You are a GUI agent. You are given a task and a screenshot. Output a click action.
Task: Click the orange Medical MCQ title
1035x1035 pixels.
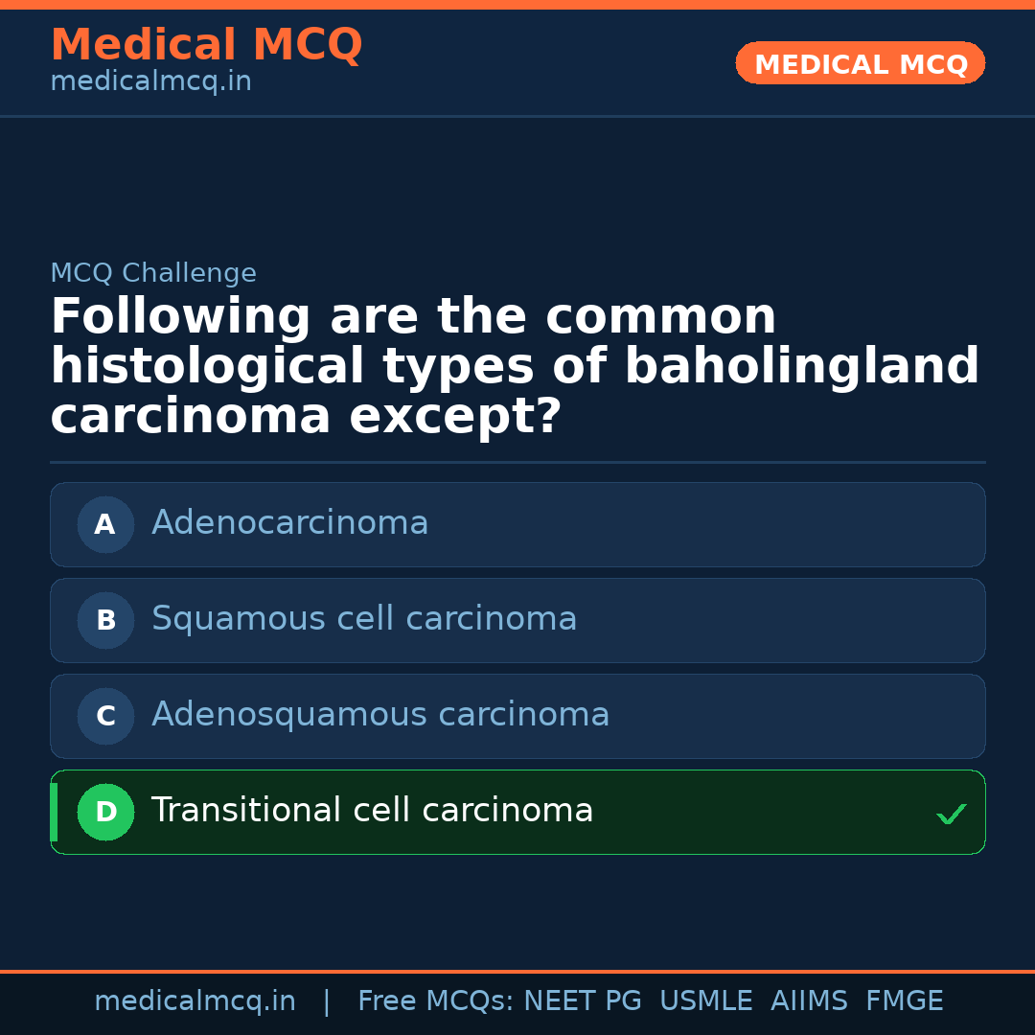coord(206,45)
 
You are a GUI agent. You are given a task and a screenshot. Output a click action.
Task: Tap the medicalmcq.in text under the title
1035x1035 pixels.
coord(150,82)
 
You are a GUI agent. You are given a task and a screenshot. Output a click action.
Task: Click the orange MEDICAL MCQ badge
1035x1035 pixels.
coord(861,63)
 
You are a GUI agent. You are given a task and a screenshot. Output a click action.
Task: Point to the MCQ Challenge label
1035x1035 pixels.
coord(153,274)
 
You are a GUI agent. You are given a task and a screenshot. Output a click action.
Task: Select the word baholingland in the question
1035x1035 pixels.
coord(801,367)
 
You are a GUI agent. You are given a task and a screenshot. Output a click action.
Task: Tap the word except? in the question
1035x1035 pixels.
coord(454,418)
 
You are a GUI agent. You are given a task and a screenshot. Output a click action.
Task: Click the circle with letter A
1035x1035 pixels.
coord(105,524)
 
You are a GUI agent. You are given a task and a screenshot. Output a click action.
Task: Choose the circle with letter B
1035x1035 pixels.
coord(105,620)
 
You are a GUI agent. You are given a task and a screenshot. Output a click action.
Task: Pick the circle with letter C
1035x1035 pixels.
coord(105,716)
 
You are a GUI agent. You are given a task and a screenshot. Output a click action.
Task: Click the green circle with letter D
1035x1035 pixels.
coord(105,812)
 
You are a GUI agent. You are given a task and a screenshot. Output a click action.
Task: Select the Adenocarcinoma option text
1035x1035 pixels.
coord(289,523)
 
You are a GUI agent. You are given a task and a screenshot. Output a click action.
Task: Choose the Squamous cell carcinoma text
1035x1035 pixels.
coord(364,619)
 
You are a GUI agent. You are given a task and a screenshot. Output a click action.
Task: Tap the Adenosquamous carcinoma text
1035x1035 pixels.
coord(380,715)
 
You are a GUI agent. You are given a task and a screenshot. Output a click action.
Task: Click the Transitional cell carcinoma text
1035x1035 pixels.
coord(372,811)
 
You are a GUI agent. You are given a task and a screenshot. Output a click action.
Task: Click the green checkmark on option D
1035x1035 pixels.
coord(951,814)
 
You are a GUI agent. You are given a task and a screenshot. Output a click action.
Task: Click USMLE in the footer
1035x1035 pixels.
coord(705,1001)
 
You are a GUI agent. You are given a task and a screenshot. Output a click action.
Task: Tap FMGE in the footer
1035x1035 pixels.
coord(905,1001)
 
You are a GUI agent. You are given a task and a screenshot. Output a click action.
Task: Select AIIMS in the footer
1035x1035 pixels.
coord(809,1001)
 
